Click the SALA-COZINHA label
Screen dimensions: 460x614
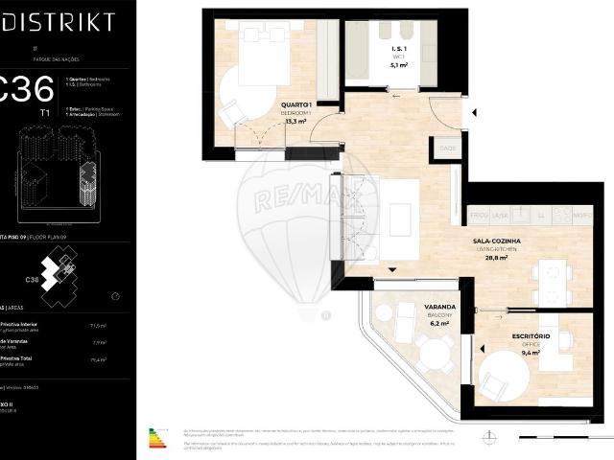[x=496, y=242]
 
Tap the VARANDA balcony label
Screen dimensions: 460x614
[x=439, y=308]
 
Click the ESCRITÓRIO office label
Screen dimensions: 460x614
[x=530, y=336]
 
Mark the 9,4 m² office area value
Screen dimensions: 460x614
[x=530, y=353]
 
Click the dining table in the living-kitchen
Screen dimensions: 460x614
[x=554, y=284]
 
